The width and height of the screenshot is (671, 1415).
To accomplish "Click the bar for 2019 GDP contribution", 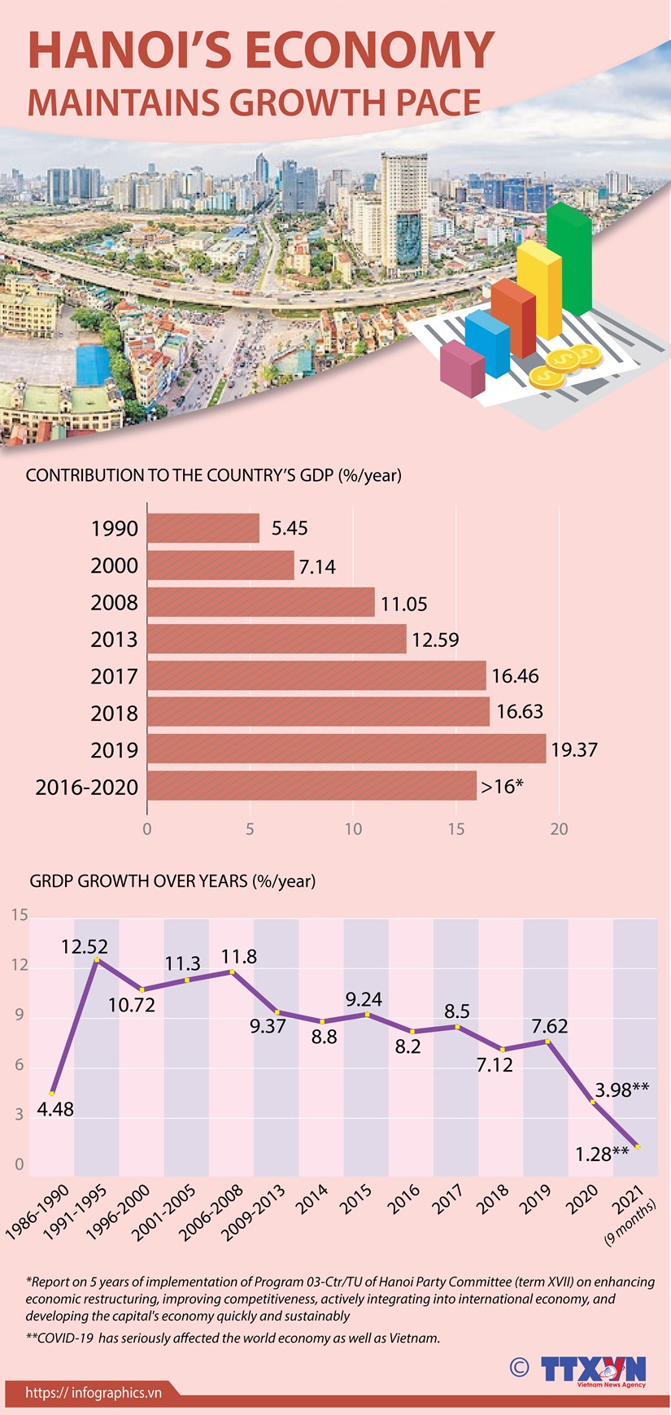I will (346, 749).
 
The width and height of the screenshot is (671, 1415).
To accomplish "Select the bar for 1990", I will (203, 528).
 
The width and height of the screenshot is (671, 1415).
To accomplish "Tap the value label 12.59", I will (435, 640).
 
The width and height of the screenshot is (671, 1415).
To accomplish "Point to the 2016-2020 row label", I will (87, 788).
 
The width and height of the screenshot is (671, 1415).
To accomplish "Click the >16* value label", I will (502, 787).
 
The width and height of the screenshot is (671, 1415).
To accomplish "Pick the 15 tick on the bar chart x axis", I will (456, 829).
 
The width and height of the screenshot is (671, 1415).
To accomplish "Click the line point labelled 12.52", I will (97, 960).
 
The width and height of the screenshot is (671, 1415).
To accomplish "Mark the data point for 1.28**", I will (637, 1146).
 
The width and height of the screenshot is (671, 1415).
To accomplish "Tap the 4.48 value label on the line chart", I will (55, 1109).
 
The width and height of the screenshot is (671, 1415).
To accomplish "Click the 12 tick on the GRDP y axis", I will (20, 966).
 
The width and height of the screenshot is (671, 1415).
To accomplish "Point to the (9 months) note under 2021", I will (630, 1225).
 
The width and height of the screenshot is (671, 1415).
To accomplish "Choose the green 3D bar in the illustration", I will (569, 260).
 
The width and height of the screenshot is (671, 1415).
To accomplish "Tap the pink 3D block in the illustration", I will (461, 368).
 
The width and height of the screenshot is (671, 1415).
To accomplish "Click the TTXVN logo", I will (594, 1369).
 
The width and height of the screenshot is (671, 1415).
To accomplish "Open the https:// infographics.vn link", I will (94, 1393).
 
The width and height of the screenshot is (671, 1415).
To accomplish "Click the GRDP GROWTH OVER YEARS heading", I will (172, 881).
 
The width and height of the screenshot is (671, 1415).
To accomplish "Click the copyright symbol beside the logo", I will (519, 1366).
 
